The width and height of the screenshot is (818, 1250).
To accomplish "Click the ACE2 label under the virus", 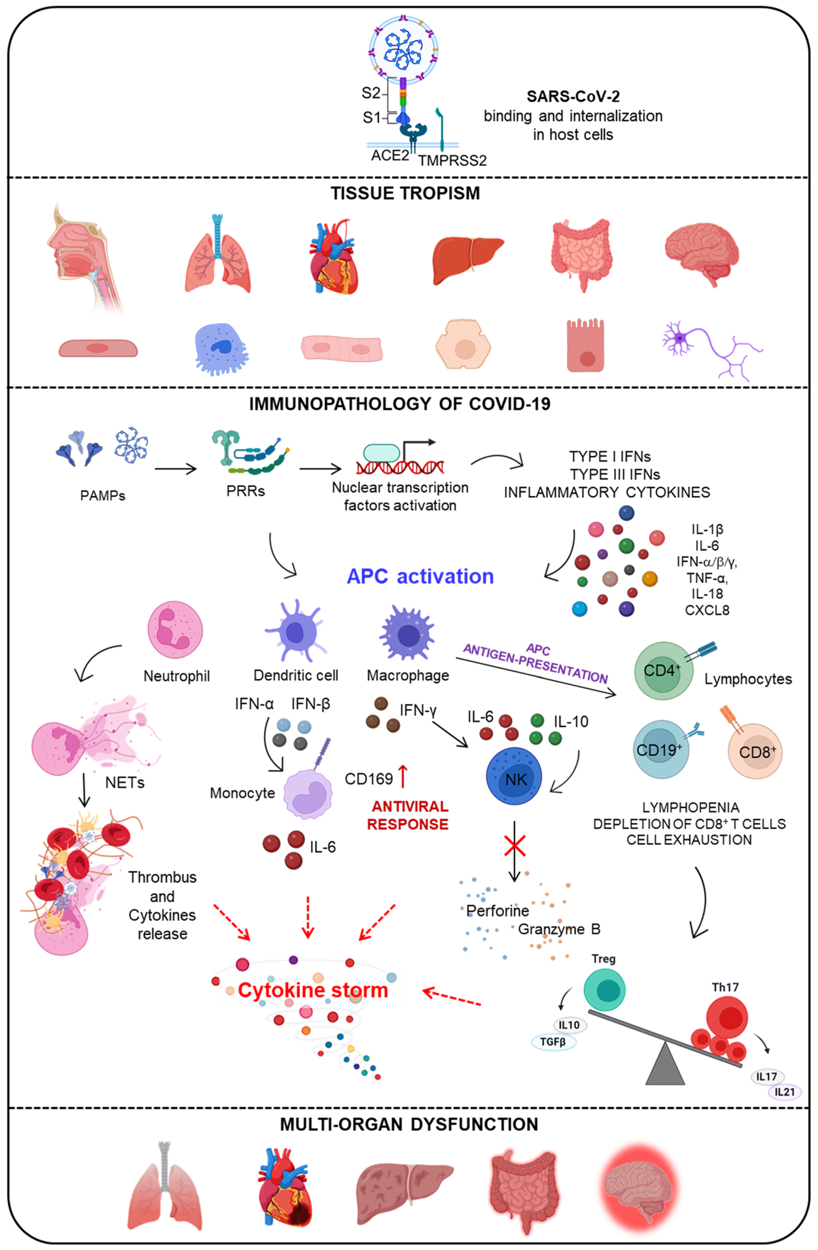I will (x=389, y=156).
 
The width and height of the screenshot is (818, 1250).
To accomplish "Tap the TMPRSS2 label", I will (x=452, y=160).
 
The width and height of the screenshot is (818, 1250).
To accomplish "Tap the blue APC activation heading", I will (x=420, y=576).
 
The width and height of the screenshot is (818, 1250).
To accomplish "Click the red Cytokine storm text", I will (x=313, y=990).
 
